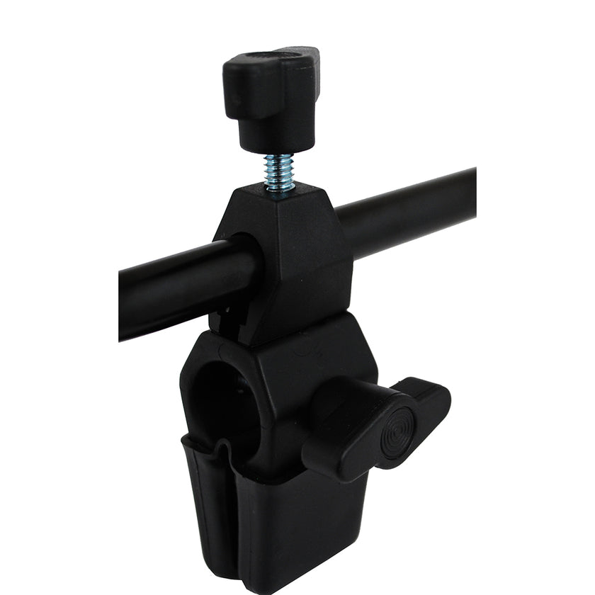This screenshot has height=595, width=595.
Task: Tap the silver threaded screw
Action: tap(279, 171)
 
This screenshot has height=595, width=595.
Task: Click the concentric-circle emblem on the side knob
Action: tap(397, 433)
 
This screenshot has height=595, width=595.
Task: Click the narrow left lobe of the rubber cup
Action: tap(205, 510)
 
